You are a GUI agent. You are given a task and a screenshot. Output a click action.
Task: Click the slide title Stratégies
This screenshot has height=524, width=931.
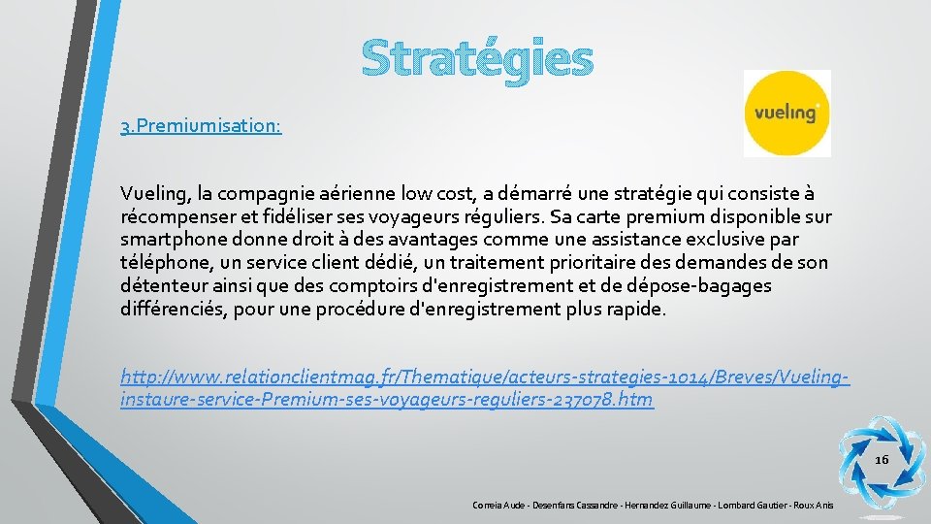[x=476, y=58]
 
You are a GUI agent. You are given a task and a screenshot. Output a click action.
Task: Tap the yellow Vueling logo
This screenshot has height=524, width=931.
[x=787, y=113]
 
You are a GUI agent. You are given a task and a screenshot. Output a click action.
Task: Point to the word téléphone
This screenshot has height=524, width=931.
[x=166, y=262]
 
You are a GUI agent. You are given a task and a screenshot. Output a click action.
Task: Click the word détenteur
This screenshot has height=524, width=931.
[x=160, y=286]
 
